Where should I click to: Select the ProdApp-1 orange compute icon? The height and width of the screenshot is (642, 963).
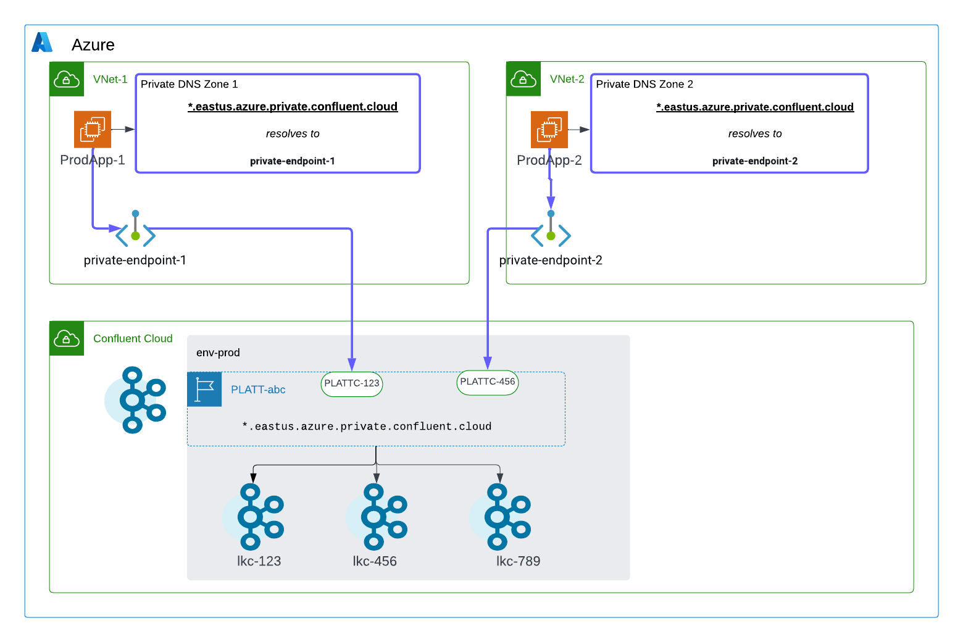tap(93, 129)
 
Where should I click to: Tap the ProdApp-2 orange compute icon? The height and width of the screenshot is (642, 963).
tap(549, 129)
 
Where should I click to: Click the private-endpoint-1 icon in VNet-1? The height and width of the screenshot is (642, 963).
tap(135, 230)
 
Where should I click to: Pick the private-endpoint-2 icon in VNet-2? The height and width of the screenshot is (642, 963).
tap(551, 230)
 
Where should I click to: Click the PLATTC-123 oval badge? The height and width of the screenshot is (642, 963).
tap(352, 383)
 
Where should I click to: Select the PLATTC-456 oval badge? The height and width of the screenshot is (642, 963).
tap(488, 382)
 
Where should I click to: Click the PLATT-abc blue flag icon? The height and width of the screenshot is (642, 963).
tap(204, 390)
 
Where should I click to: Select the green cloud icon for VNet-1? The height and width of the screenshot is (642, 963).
tap(67, 79)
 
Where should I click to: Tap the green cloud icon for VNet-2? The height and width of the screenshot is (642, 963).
tap(523, 79)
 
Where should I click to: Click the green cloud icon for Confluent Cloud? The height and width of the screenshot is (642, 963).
tap(67, 338)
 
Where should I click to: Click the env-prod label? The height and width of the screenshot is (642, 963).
tap(218, 352)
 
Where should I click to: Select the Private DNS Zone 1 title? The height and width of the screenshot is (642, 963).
tap(189, 84)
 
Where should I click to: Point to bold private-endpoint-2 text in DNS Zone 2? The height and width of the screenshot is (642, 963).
tap(755, 161)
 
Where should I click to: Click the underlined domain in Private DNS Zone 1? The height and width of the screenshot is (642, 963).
tap(293, 107)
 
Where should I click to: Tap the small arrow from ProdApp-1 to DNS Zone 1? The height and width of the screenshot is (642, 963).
tap(123, 129)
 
